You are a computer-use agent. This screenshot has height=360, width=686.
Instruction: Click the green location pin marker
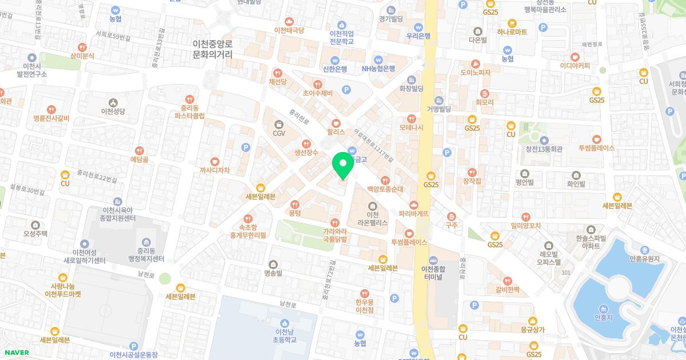tap(343, 165)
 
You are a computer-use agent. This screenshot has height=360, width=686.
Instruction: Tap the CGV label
tap(279, 133)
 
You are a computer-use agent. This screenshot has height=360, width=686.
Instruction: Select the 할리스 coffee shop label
tap(336, 131)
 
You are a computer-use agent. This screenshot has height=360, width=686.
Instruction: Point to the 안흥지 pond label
tap(604, 317)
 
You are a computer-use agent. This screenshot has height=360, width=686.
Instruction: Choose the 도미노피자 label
tap(476, 73)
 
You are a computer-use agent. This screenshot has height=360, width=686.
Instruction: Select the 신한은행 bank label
tap(335, 69)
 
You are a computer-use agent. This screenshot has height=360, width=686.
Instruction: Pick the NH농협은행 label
tap(378, 68)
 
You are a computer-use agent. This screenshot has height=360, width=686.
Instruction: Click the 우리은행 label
tap(418, 35)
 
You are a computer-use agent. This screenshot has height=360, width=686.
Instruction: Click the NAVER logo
tap(15, 352)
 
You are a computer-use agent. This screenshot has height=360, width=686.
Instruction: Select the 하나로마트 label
tap(512, 32)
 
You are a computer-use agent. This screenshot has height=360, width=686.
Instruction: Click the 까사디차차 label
tap(215, 170)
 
